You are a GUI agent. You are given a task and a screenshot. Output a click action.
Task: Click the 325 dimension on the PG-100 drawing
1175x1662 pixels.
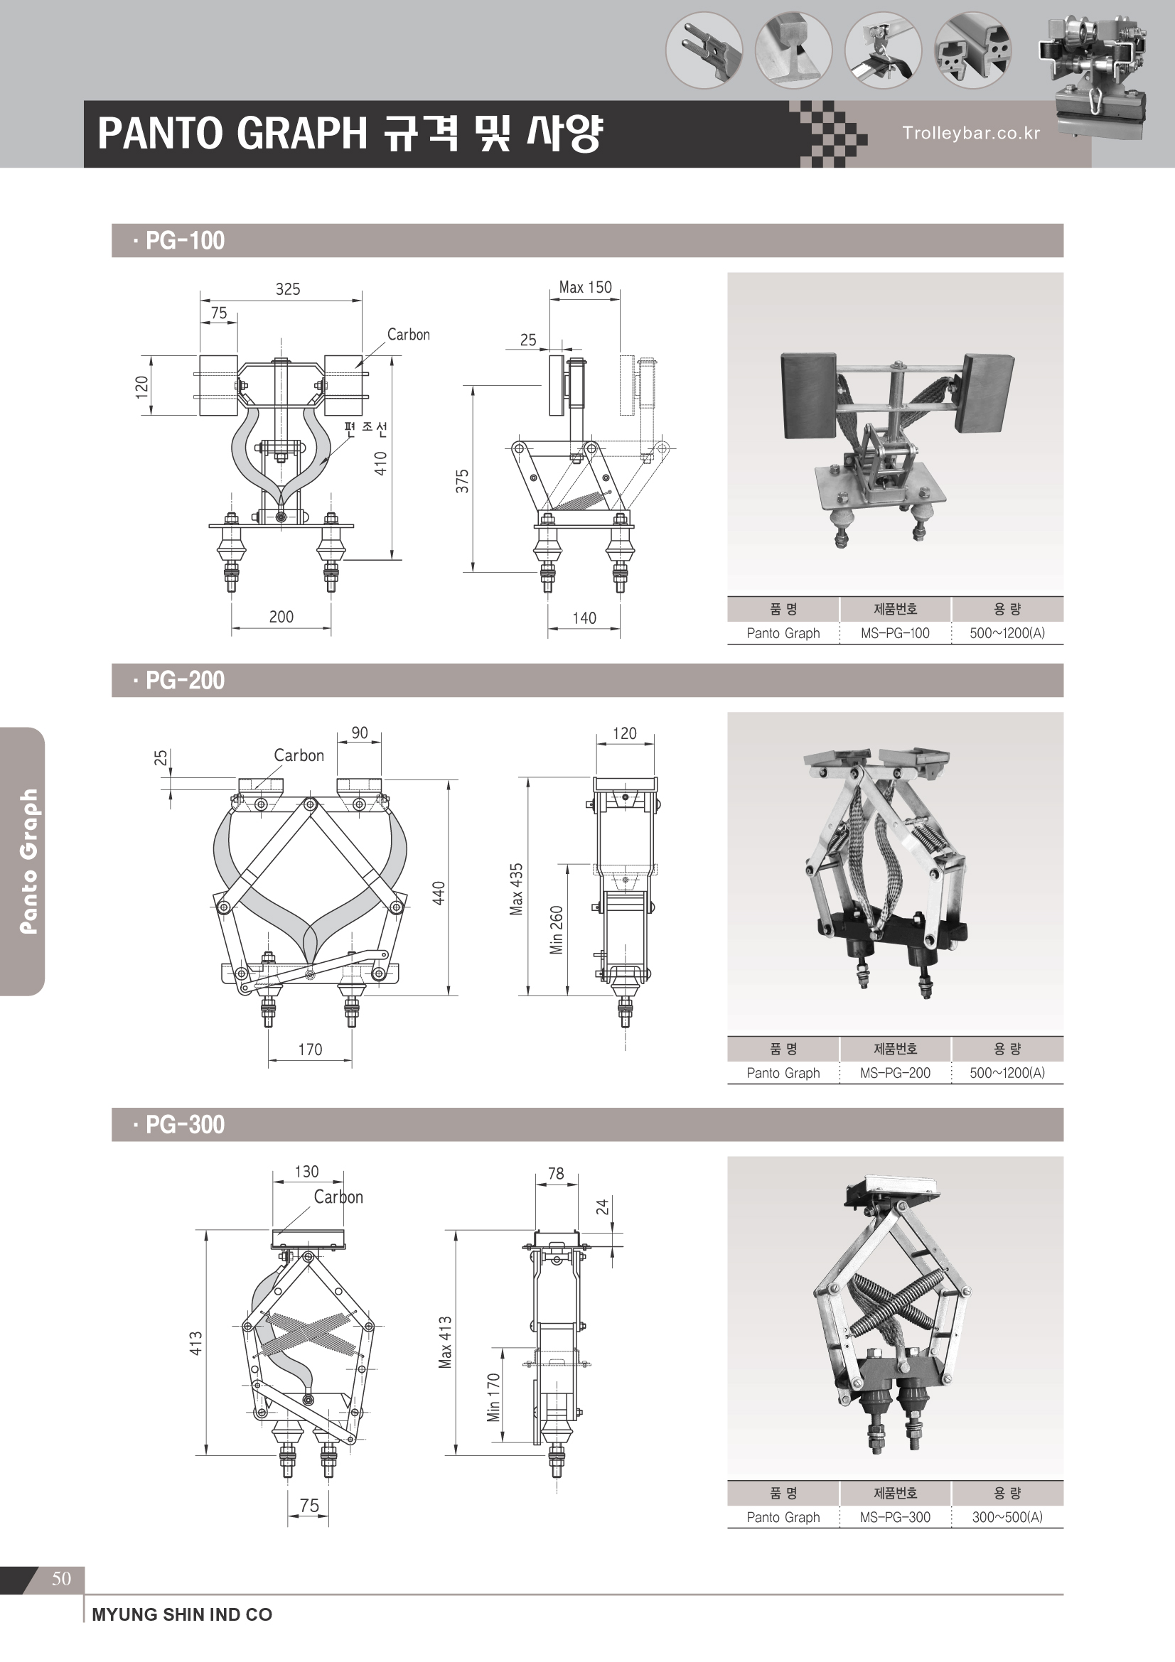point(287,289)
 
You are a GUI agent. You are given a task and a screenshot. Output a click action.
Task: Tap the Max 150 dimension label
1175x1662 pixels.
point(585,287)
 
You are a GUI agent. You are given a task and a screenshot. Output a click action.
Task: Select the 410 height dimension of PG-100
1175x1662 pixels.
point(381,463)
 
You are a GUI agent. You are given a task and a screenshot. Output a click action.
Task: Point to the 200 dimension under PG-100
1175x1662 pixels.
point(281,617)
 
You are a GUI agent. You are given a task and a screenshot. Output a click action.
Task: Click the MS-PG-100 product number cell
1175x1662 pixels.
point(895,633)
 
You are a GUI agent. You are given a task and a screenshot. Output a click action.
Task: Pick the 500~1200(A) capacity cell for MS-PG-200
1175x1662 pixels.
point(1007,1073)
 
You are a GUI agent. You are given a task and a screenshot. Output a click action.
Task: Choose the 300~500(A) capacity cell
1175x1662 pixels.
point(1007,1516)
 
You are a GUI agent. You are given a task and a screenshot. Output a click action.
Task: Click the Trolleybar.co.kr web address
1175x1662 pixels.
point(971,133)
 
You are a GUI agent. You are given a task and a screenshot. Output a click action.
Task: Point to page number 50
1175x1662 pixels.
point(62,1578)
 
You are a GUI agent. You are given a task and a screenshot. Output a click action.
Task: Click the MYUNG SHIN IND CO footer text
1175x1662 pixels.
point(182,1614)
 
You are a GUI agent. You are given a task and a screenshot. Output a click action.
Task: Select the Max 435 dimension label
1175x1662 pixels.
point(516,889)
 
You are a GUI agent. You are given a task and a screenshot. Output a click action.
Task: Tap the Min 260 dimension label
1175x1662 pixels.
point(556,930)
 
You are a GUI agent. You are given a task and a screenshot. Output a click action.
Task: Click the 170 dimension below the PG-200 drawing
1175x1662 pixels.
point(310,1049)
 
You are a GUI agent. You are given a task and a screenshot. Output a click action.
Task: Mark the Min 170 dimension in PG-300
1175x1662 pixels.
point(494,1397)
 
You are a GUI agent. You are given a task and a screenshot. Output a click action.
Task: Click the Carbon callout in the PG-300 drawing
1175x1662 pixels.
point(338,1197)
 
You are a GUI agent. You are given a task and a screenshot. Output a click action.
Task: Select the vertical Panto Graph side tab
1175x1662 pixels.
point(28,861)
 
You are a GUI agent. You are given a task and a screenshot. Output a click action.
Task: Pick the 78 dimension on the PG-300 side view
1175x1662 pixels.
point(556,1173)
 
